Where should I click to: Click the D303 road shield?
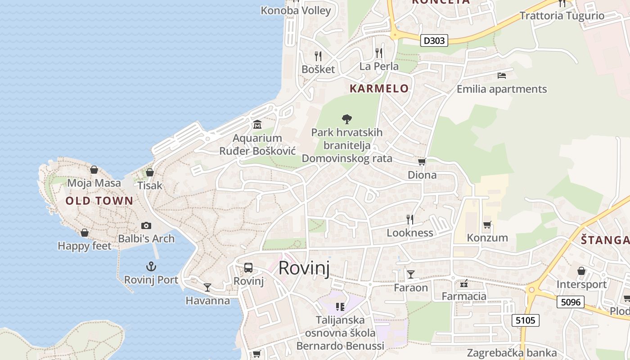click(435, 40)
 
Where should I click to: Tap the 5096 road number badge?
click(571, 302)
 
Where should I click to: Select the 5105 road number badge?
click(526, 320)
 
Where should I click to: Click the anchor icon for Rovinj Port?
click(151, 266)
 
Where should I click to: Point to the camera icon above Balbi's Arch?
click(146, 225)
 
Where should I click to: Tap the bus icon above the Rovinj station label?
click(248, 268)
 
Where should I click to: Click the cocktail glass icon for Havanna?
click(207, 287)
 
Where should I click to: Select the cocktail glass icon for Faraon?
click(410, 274)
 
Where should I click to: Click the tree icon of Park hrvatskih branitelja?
click(346, 119)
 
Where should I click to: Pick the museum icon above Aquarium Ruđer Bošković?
click(257, 124)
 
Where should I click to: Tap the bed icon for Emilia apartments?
click(502, 76)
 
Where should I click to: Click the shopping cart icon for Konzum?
click(487, 224)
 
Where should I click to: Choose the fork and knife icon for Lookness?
click(410, 219)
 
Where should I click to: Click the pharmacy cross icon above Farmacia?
click(464, 283)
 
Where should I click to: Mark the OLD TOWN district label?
click(99, 201)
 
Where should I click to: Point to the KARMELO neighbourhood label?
click(379, 88)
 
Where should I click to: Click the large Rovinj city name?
click(304, 268)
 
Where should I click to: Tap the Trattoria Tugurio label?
click(562, 16)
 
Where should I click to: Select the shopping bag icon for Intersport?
click(581, 271)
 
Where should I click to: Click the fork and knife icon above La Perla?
click(379, 53)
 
